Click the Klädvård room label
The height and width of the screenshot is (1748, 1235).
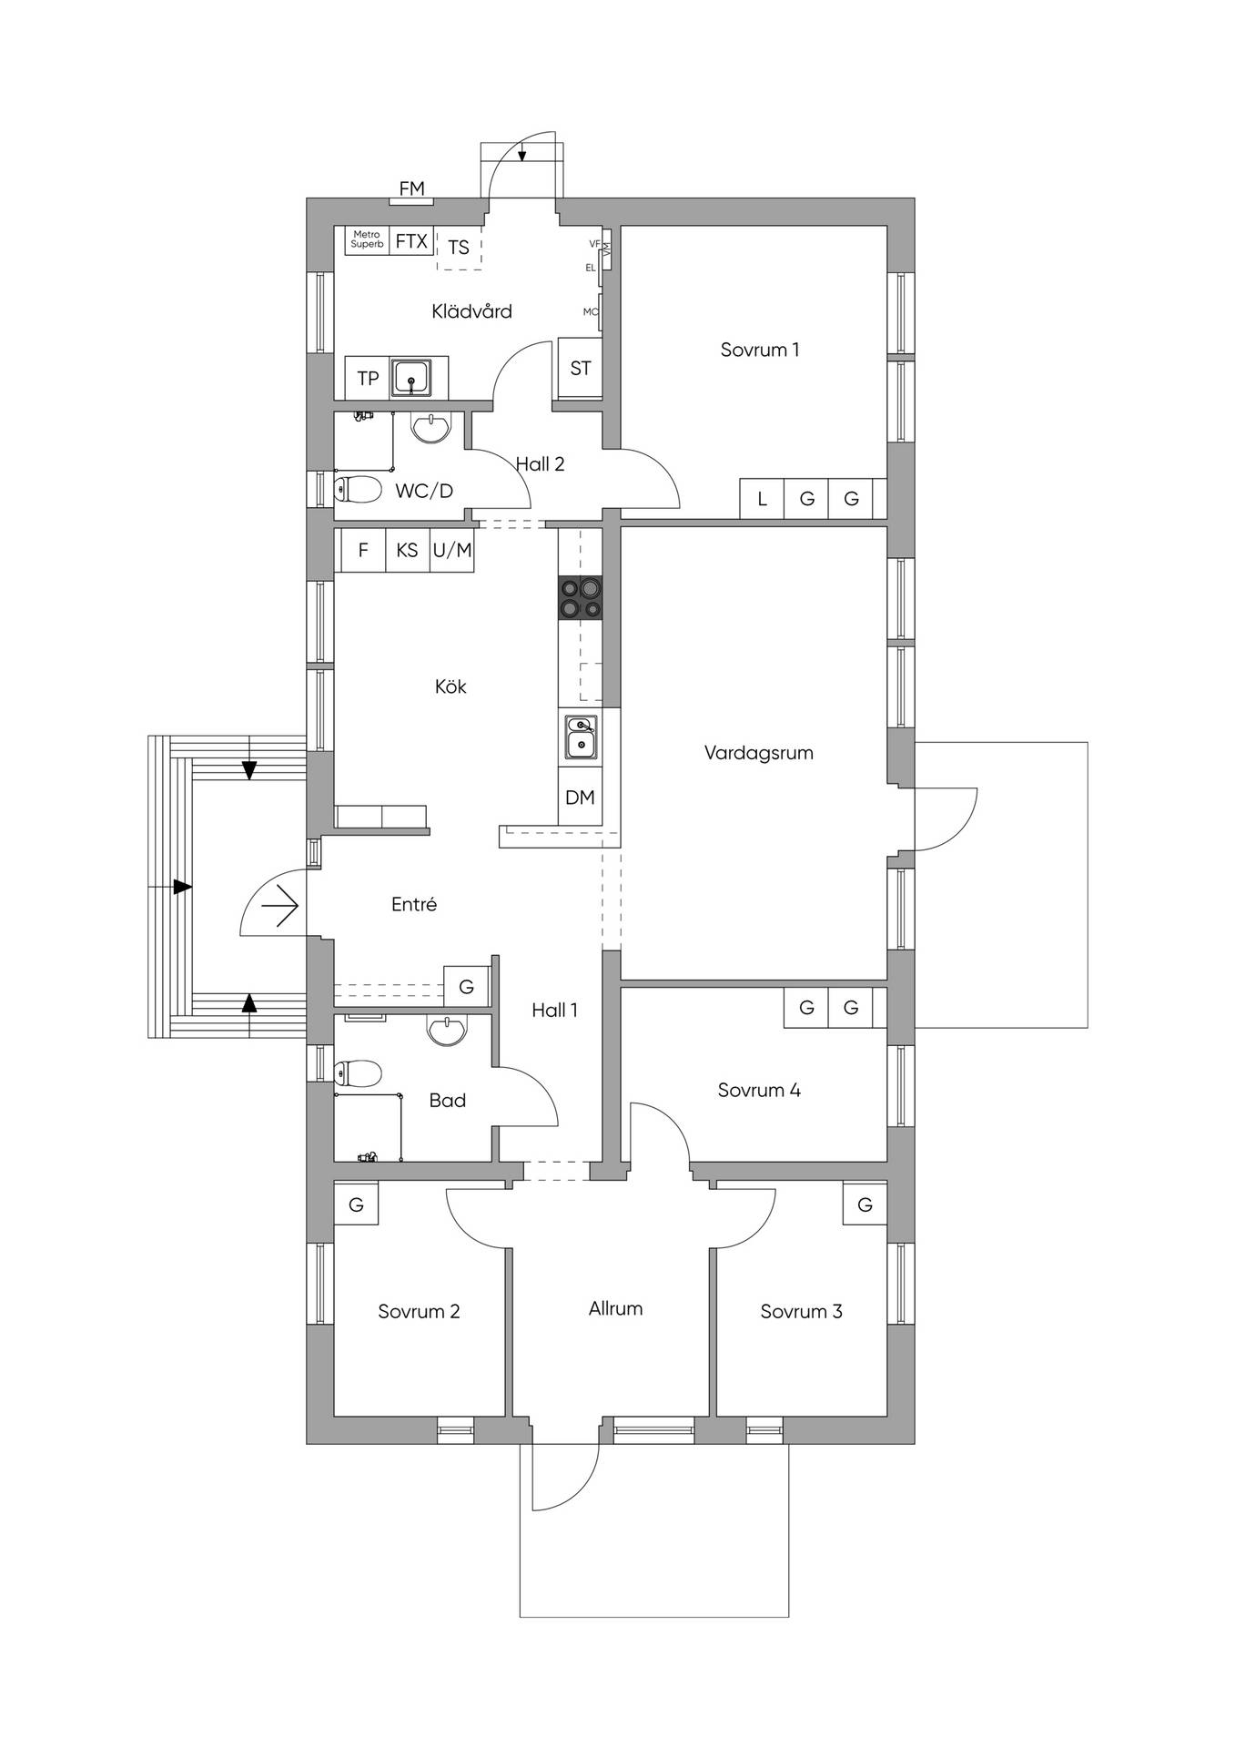[x=471, y=311]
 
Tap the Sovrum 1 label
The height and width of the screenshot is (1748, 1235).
[x=760, y=350]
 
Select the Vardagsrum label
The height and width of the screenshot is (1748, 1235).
[x=759, y=753]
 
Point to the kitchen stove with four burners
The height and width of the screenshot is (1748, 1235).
[x=581, y=598]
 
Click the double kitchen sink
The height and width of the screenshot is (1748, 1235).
[x=581, y=737]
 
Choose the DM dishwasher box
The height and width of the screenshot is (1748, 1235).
[x=580, y=798]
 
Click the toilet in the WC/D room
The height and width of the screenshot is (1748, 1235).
[x=357, y=490]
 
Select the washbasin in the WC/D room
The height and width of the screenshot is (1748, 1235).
[x=430, y=427]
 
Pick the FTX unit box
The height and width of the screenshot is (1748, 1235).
[x=411, y=241]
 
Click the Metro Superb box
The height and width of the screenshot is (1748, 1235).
[x=367, y=240]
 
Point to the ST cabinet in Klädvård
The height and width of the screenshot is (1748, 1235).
[x=580, y=369]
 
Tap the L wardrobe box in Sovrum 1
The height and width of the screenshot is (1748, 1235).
[x=762, y=499]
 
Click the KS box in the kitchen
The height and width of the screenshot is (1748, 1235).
[x=407, y=550]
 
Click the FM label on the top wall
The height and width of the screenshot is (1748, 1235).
[x=411, y=188]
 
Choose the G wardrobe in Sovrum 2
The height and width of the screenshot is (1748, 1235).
[x=356, y=1204]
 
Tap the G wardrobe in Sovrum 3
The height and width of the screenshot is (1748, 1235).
[x=865, y=1204]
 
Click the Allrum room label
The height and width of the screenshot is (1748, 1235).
[x=615, y=1308]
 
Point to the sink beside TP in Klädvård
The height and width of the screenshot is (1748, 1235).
[x=413, y=377]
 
